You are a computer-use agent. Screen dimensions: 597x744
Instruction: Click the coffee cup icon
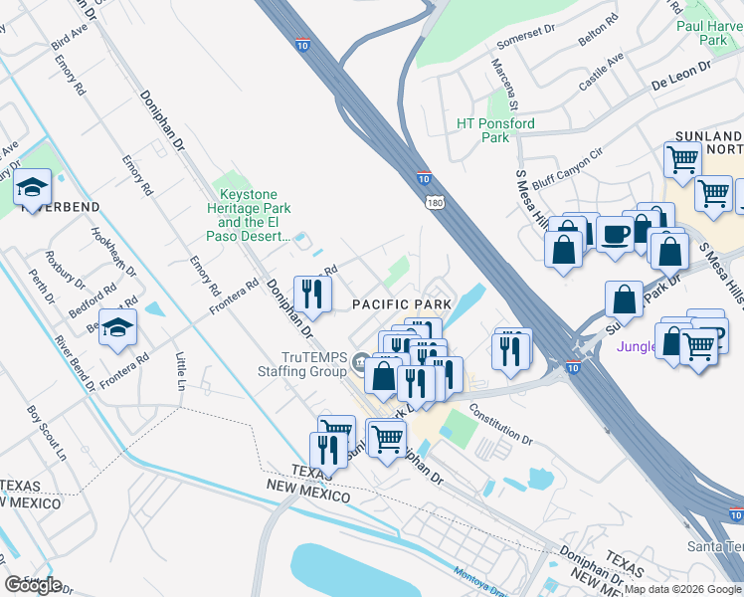tap(616, 234)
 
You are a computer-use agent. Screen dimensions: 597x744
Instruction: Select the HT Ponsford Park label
tap(495, 130)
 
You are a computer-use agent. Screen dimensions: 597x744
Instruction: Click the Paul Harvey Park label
tap(710, 33)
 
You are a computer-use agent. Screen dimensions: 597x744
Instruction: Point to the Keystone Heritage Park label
tap(249, 216)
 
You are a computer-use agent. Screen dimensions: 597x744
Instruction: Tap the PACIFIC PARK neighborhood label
tap(402, 302)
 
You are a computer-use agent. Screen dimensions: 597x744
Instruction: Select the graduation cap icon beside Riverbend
tap(32, 185)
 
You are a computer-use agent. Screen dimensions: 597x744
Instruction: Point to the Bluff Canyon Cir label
tap(568, 168)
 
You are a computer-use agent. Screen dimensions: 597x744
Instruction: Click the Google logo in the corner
tap(33, 584)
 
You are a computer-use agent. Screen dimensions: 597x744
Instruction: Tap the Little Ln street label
tap(180, 371)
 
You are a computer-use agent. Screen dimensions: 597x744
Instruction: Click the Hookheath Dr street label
tap(109, 255)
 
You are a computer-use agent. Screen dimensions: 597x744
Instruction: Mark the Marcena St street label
tap(503, 83)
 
